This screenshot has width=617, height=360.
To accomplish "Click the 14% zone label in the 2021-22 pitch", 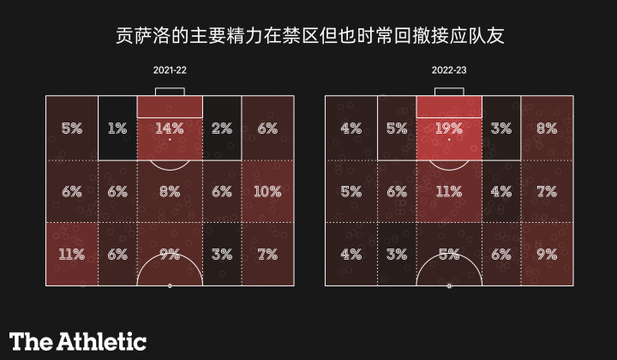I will coord(170,129).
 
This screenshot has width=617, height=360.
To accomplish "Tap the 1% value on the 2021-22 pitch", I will coord(117,129).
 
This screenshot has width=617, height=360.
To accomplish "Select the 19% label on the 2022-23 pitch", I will coord(449,129).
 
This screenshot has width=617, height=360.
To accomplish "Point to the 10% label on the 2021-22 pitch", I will coord(267,191).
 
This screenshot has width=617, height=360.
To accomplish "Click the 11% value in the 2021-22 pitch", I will coord(72,254).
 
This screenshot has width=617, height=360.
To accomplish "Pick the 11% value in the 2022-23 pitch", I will coord(449,191).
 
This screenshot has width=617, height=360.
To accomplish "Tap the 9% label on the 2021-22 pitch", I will coord(170,254).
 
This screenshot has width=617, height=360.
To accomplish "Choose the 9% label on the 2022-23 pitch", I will coord(546,254).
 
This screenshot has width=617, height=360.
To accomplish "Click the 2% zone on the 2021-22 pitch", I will coord(222,129).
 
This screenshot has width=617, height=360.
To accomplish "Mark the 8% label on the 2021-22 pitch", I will coord(170,191).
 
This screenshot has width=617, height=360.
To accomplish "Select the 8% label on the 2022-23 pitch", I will coord(546,129).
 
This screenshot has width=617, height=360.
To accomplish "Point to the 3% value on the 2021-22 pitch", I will coord(222,254).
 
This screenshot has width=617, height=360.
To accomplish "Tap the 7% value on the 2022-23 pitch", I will coord(546,191).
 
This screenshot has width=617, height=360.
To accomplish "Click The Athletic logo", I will coord(78,340).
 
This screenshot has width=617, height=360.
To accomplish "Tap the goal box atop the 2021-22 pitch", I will coord(170,91).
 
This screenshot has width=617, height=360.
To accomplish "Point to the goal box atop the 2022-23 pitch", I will coord(449,91).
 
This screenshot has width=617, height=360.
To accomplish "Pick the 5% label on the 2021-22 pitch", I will coord(72,129).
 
